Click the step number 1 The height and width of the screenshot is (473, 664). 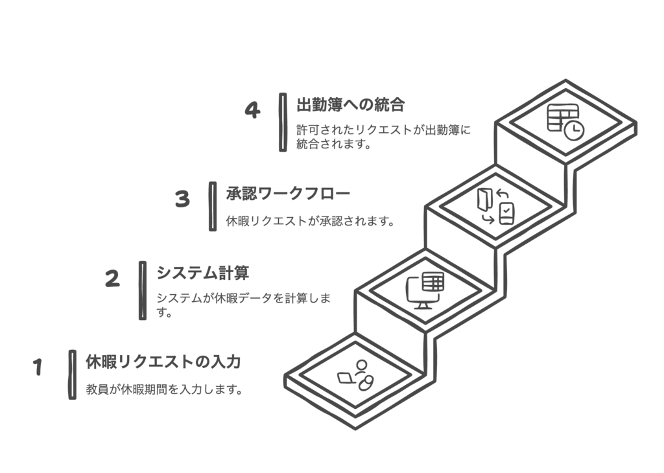coord(38,367)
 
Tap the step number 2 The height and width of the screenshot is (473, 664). coord(113,279)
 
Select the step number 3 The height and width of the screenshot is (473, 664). coord(182,199)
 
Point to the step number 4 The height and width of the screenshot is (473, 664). coord(252,110)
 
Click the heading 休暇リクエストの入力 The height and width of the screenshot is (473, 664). coord(163,362)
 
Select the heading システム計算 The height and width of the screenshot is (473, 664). coord(203,273)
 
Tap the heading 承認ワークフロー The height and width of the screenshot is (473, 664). coord(289,193)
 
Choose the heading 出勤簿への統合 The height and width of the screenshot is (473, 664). coord(351,105)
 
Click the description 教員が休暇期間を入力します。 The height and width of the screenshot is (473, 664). coord(165,389)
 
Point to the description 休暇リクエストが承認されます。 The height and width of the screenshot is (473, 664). coord(311,221)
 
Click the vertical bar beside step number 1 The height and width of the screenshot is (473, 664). coord(73,375)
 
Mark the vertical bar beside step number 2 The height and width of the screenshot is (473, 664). coord(143,291)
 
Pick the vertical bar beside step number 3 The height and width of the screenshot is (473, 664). coord(213,207)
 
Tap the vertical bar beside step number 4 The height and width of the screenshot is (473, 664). coord(283,122)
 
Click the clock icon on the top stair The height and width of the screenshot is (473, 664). coord(575,131)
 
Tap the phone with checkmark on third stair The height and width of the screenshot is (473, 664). coord(507,214)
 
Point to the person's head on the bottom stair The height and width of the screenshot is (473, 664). coord(362,365)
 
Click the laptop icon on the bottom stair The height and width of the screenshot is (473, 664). coord(347,378)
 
